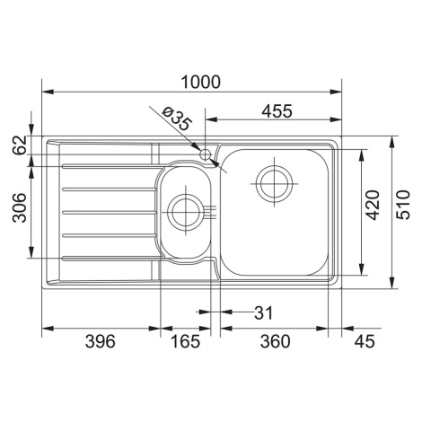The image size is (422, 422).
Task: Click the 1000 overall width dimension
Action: tap(201, 82)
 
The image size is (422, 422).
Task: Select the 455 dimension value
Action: tap(277, 111)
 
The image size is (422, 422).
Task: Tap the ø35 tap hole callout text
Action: tap(176, 119)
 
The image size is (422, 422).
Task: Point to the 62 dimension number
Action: tap(20, 145)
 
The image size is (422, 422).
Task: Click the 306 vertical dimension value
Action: tap(20, 207)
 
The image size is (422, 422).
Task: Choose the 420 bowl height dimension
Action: tap(373, 205)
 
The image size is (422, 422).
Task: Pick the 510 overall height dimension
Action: tap(403, 205)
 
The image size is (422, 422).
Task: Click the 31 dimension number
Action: tap(263, 312)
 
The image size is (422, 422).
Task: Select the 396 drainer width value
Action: tap(100, 341)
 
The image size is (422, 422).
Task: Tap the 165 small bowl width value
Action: tap(185, 341)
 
